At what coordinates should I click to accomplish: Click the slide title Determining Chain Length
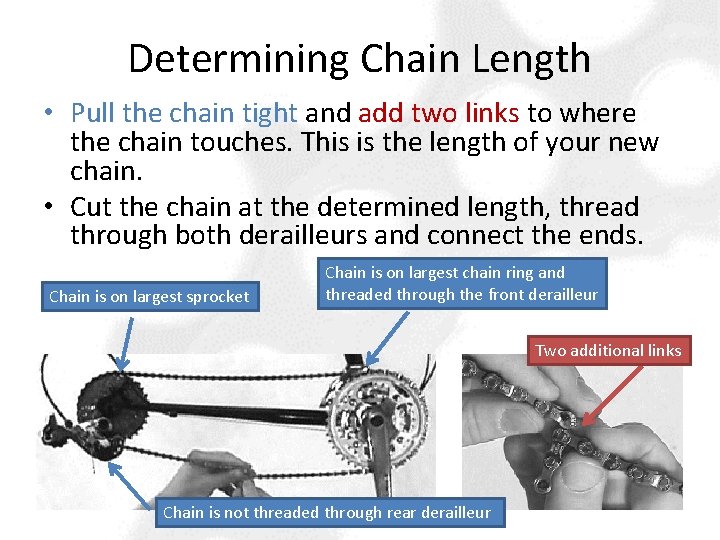(x=359, y=59)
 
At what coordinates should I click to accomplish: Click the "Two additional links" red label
(x=608, y=350)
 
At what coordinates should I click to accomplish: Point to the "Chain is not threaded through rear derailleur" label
(x=327, y=513)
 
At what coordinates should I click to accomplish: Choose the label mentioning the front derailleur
(x=461, y=283)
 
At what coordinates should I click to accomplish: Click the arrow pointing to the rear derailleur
(x=135, y=485)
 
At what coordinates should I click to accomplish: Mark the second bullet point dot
(x=51, y=208)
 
